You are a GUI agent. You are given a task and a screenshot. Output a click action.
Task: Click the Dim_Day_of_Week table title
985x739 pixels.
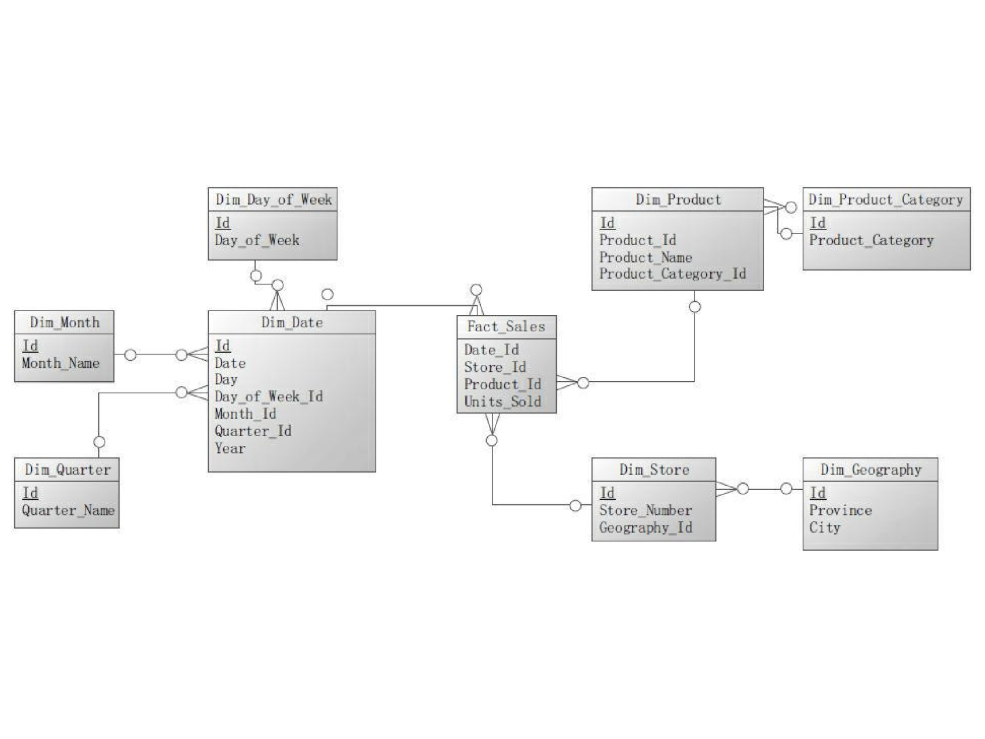273,199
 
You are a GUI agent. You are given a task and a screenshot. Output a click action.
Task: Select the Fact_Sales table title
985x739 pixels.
506,327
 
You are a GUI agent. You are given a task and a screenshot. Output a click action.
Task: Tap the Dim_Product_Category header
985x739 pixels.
886,199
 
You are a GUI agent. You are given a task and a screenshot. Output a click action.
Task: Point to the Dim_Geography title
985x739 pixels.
871,470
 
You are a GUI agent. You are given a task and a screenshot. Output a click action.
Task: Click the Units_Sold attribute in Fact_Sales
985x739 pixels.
502,401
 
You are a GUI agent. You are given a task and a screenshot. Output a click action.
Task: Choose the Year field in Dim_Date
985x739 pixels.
230,448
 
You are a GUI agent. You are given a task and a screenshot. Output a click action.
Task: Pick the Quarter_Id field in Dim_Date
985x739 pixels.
253,431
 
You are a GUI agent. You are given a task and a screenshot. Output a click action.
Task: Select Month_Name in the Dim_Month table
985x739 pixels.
61,363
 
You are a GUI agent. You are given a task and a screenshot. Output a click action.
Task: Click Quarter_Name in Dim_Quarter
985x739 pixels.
68,510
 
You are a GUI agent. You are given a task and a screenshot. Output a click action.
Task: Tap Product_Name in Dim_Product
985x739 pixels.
645,257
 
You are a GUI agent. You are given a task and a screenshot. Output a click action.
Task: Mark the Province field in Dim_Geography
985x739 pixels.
840,510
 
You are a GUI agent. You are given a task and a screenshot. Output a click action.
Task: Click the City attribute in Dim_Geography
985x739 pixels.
824,527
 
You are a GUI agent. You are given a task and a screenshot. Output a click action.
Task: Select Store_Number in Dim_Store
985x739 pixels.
645,510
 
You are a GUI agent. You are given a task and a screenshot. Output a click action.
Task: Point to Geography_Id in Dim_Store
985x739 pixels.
645,527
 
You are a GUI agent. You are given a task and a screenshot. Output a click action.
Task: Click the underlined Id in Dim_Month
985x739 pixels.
30,346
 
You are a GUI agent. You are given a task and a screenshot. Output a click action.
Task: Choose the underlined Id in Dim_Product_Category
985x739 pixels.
818,223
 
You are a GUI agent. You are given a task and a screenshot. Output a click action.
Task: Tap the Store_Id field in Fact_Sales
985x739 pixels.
495,367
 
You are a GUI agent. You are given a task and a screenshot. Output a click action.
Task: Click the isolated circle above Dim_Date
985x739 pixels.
327,294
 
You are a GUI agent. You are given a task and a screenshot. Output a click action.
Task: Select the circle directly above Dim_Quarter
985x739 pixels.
99,442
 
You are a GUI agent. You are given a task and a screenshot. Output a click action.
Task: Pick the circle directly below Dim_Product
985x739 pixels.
694,307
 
